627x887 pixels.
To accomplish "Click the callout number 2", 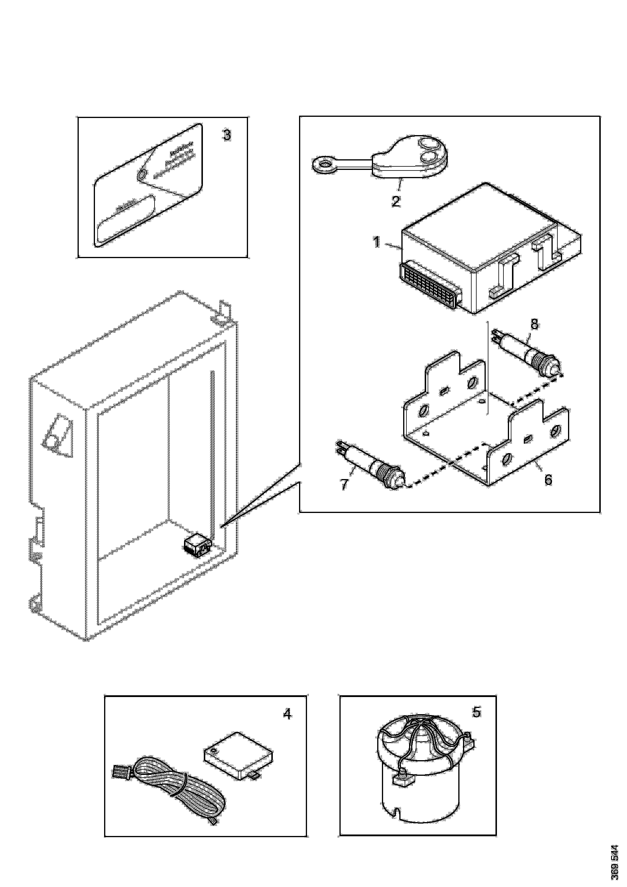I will [x=395, y=201].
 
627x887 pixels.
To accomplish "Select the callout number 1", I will [x=377, y=242].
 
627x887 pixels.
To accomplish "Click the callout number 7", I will [x=344, y=484].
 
